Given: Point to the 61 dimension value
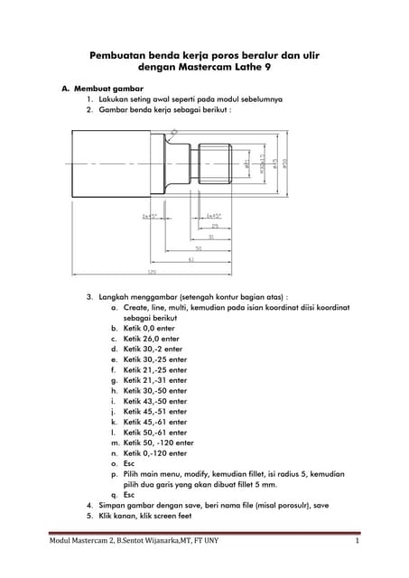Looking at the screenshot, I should pyautogui.click(x=191, y=258).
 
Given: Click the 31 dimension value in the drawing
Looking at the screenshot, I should pyautogui.click(x=210, y=236).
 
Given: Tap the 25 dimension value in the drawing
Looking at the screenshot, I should pyautogui.click(x=214, y=226).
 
